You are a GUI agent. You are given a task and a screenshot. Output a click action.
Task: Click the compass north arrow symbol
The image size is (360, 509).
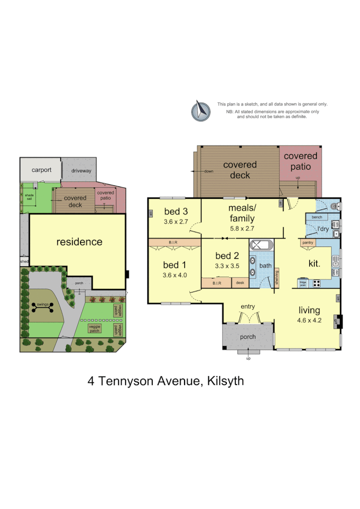click(x=201, y=111)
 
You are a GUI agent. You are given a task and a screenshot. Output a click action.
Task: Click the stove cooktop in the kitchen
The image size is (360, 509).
click(x=317, y=283)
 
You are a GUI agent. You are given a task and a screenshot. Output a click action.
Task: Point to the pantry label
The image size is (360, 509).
click(x=308, y=243)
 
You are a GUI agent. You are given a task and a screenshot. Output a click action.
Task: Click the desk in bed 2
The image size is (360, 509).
click(x=240, y=283)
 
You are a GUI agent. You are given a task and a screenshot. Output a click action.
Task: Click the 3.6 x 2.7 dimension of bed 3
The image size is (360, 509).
click(x=175, y=222)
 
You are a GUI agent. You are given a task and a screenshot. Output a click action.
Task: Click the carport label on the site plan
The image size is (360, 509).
click(x=41, y=170)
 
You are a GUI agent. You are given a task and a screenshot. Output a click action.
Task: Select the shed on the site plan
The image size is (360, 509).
click(x=24, y=261)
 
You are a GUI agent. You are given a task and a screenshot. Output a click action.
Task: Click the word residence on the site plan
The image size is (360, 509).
click(x=79, y=242)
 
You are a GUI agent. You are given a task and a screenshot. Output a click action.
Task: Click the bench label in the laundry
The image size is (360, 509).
click(x=317, y=218)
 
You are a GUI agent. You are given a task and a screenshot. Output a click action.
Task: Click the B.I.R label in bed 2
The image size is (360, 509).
click(x=216, y=283)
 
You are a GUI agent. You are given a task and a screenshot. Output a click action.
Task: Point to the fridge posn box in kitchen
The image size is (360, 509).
click(x=303, y=283)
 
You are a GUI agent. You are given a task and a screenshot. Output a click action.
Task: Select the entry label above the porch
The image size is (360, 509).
click(x=248, y=306)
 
